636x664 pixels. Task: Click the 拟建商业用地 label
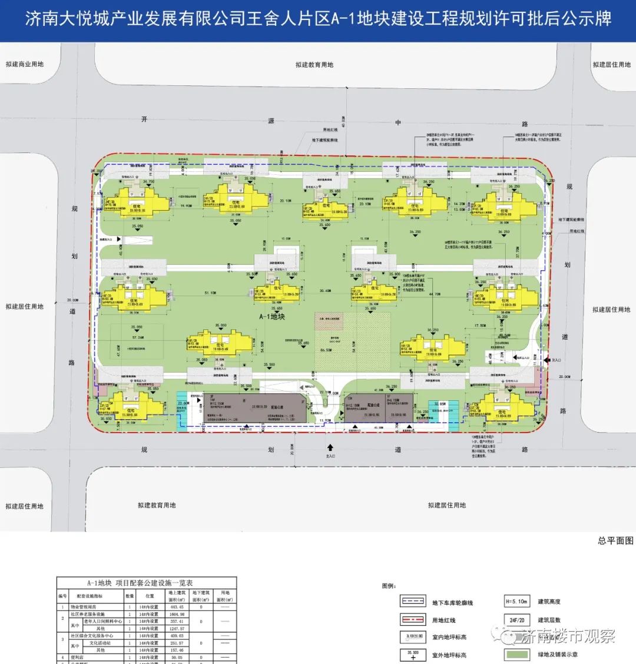[24, 64]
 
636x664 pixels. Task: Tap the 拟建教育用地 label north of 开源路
[314, 65]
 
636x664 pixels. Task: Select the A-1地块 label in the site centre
[272, 317]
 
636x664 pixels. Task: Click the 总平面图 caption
[615, 540]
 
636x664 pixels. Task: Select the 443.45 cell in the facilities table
[177, 607]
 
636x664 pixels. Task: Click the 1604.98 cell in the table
[177, 614]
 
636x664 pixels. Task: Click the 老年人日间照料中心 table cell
[104, 621]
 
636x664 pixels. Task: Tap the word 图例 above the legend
[389, 586]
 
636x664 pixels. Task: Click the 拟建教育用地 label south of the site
[157, 505]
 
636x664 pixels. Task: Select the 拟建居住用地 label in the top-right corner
[611, 65]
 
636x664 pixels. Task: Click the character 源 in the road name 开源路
[271, 121]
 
